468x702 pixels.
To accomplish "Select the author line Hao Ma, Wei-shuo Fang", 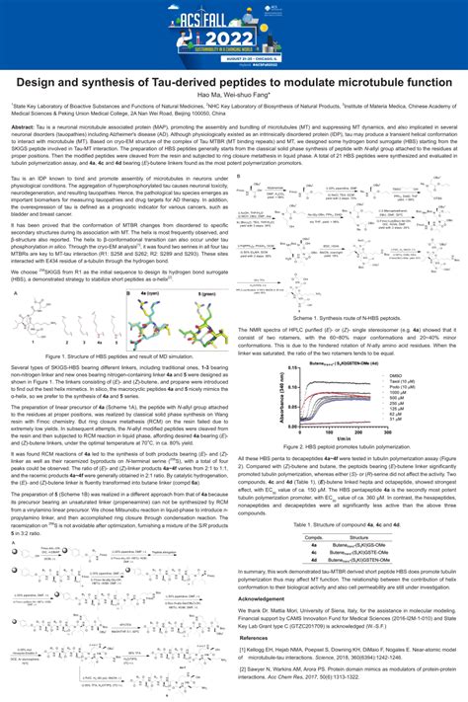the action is [234, 94].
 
